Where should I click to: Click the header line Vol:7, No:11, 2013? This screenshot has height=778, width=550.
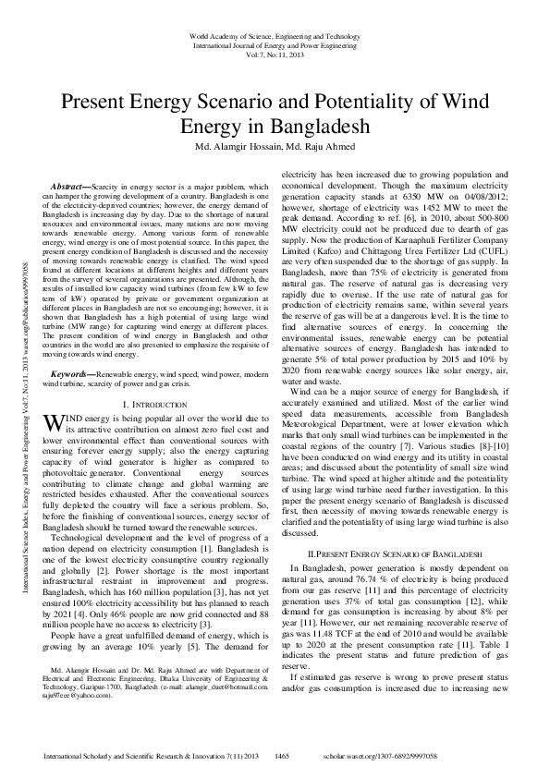coord(275,55)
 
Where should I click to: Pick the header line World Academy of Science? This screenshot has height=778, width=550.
coord(275,34)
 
